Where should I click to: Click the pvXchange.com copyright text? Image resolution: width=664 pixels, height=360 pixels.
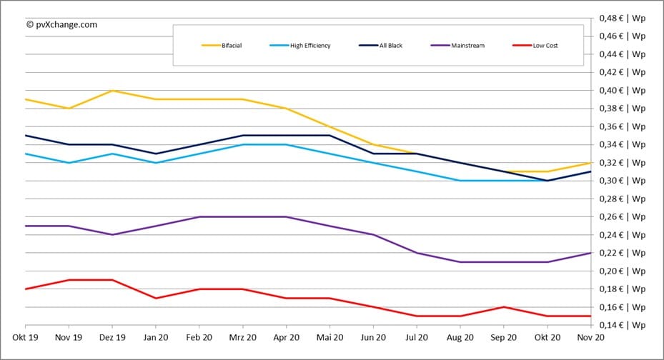point(61,24)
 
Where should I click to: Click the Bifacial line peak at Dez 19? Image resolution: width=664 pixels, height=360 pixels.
point(112,91)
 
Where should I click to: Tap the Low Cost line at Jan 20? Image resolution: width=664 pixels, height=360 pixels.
point(156,298)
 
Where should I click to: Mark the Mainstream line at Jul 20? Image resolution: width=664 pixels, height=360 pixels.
point(416,253)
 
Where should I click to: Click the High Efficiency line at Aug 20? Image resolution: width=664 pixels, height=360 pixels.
point(460,181)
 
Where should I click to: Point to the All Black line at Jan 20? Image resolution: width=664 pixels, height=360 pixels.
point(156,154)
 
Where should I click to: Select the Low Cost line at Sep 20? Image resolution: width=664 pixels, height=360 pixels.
point(503,307)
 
